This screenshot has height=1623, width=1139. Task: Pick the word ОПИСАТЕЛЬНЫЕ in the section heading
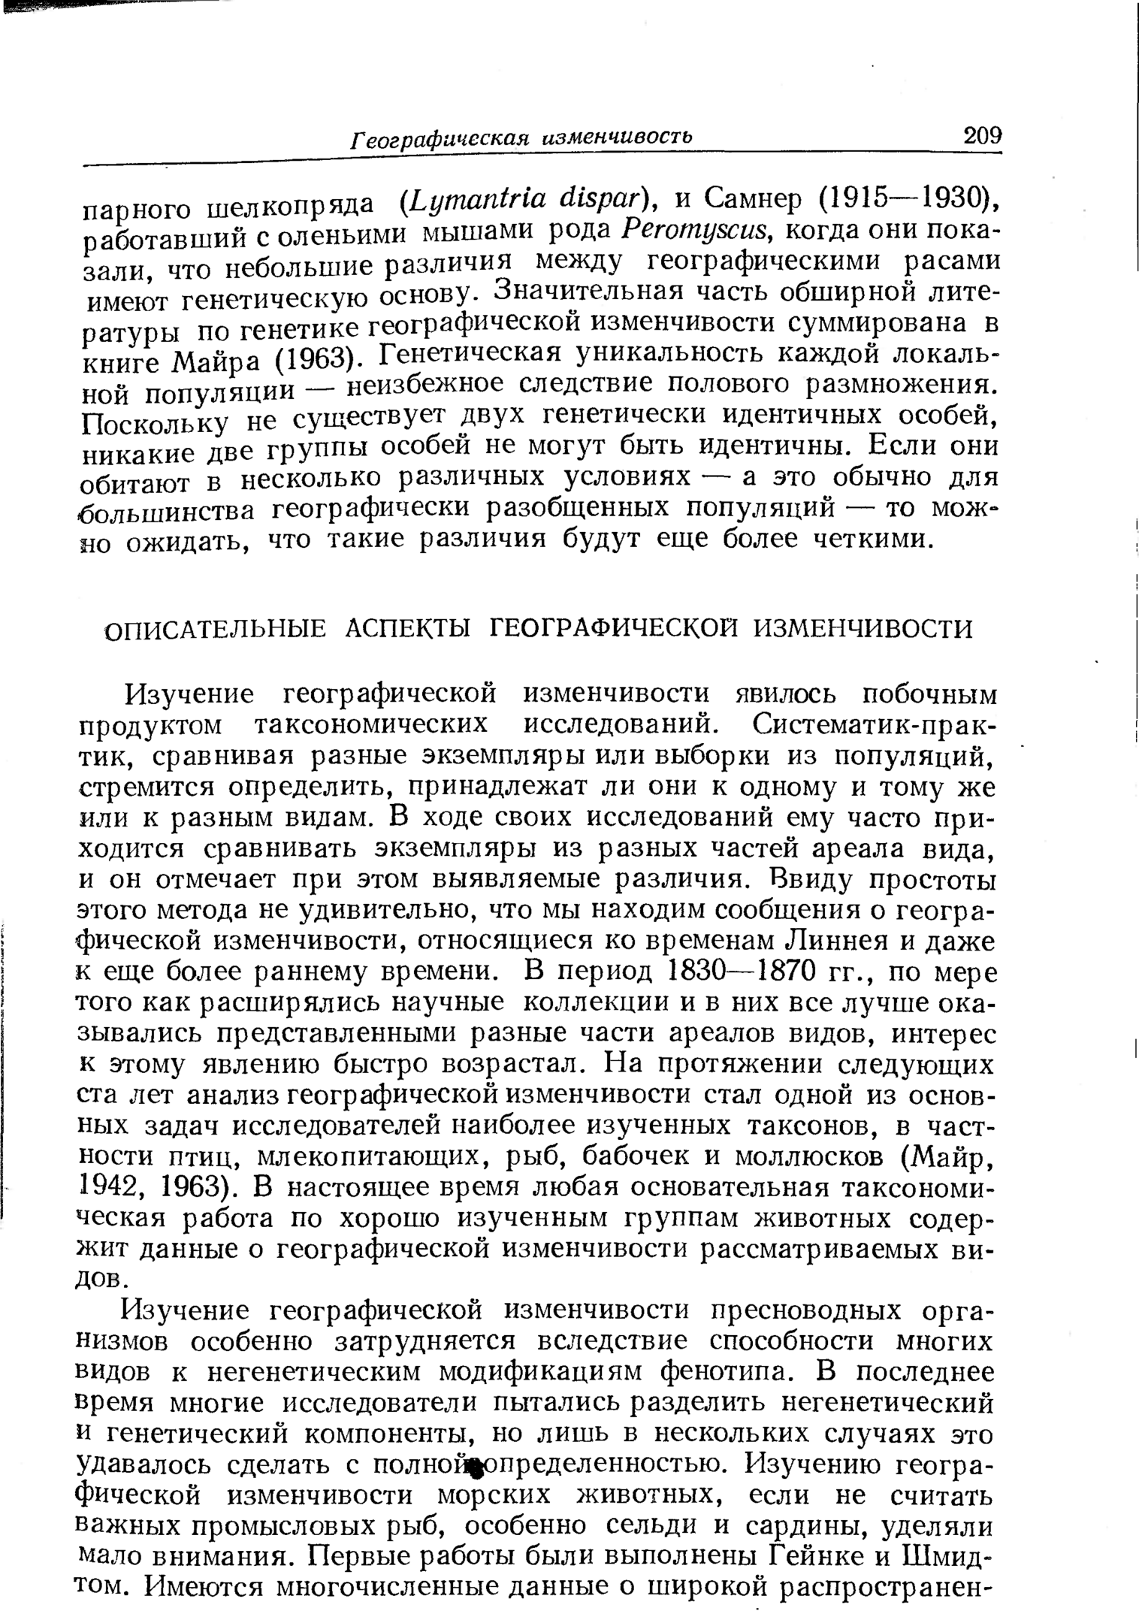(215, 629)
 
